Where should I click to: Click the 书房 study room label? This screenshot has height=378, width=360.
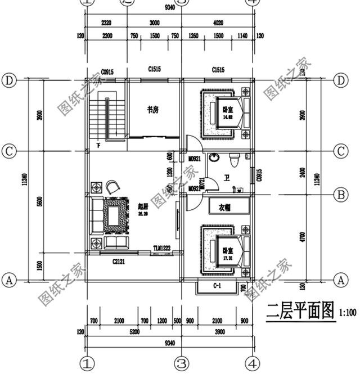coord(152,110)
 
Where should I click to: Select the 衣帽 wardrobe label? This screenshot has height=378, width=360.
coord(223,208)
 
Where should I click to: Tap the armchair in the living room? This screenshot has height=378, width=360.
coord(112,185)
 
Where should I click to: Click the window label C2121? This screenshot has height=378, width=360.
coord(118,261)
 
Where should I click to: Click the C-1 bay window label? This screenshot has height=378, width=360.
coord(216,287)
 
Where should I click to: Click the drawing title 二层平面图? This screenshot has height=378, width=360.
coord(300,313)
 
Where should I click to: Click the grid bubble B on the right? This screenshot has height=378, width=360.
coord(340,195)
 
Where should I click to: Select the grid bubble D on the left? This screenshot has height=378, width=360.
coord(8,80)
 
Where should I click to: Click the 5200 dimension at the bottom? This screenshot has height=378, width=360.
coord(134,332)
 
